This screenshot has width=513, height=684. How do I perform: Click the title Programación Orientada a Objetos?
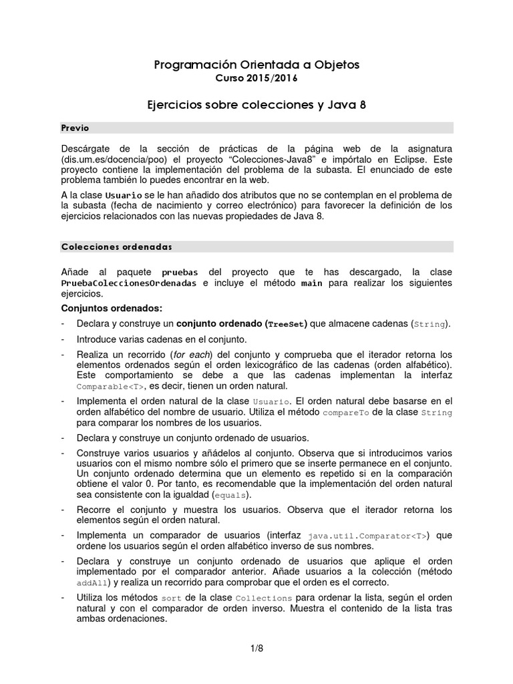click(x=256, y=65)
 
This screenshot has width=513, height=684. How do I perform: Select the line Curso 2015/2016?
click(x=256, y=79)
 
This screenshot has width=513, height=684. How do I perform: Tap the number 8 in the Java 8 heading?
click(x=362, y=106)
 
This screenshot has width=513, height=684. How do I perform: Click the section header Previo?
click(x=75, y=128)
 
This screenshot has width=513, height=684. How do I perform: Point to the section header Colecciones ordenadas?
click(x=116, y=246)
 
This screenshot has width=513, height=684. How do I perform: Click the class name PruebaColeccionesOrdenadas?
click(x=129, y=283)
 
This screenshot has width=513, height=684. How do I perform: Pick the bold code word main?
click(x=312, y=283)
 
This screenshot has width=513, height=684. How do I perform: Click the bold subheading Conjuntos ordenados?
click(x=111, y=308)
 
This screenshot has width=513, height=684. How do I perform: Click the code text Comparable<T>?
click(x=110, y=387)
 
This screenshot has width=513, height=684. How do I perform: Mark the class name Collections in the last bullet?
click(x=264, y=598)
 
